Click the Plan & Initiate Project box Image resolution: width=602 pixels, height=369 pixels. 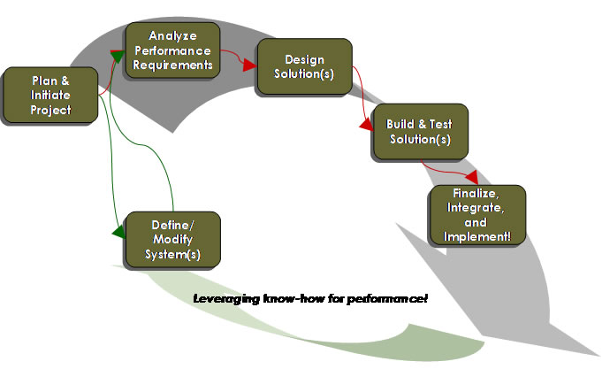[x=50, y=95]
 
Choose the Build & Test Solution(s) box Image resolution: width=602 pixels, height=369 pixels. [x=419, y=132]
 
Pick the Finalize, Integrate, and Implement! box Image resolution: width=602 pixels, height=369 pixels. [x=476, y=215]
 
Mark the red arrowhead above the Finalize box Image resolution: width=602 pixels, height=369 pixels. [x=472, y=176]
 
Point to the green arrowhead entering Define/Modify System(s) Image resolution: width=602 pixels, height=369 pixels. [x=118, y=233]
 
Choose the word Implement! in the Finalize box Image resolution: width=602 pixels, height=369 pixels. [x=476, y=236]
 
